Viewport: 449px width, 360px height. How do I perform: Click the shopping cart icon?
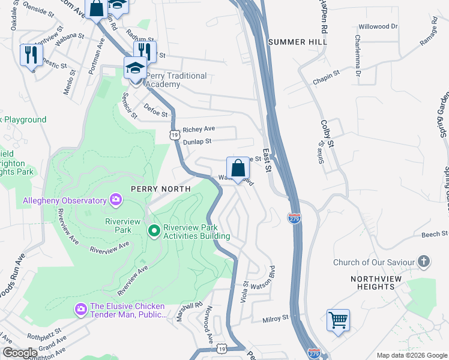coord(339,319)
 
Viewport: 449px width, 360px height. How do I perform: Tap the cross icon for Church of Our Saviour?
coord(424,262)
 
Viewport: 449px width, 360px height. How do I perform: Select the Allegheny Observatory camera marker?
coord(116,200)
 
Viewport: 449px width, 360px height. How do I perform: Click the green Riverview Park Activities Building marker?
coord(154,230)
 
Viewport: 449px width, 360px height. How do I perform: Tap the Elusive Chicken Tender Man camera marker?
coord(80,308)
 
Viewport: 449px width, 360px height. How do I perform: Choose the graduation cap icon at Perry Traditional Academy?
coord(135,67)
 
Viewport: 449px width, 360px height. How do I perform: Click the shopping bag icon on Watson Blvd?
coord(238,167)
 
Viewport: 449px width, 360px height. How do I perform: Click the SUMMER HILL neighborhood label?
coord(298,42)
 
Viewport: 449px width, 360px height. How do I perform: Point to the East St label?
coord(267,163)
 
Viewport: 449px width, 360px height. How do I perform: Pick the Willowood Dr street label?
coord(378,26)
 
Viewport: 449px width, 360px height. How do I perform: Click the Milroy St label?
coord(277,318)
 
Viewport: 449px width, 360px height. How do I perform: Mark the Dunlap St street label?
coord(197,142)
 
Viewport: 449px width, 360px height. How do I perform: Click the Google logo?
coord(20,353)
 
